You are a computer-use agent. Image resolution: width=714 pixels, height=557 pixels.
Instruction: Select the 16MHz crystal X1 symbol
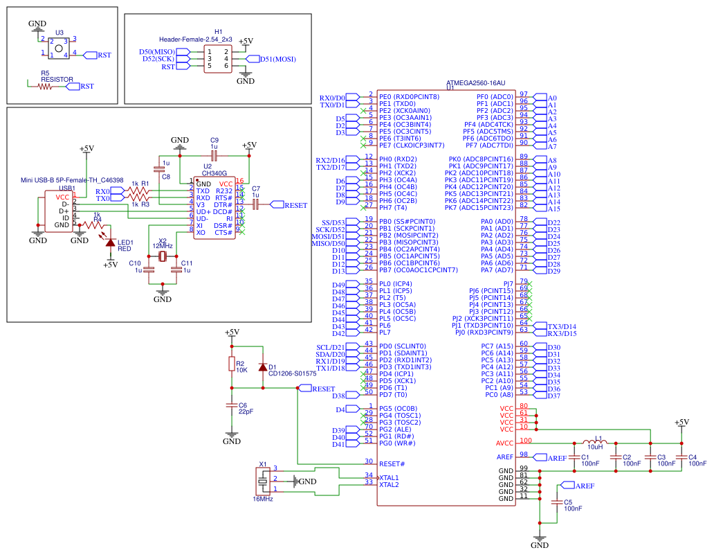(x=263, y=480)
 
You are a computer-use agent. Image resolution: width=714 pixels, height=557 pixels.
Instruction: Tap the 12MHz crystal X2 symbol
(x=163, y=257)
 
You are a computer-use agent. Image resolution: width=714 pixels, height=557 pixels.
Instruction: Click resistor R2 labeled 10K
(x=232, y=366)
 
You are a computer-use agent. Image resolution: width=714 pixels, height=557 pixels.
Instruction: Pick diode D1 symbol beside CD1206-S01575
(x=262, y=366)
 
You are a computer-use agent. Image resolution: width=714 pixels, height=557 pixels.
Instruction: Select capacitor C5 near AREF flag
(x=556, y=502)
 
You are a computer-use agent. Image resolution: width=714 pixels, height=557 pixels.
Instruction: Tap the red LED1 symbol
(x=109, y=242)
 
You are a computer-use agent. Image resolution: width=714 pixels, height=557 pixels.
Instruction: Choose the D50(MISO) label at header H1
(x=157, y=52)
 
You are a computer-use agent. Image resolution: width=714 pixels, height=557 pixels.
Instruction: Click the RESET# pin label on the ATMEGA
(x=392, y=463)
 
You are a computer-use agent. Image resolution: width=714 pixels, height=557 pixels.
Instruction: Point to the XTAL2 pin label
(x=389, y=484)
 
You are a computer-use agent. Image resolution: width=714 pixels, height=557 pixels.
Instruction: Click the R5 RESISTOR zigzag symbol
(x=46, y=87)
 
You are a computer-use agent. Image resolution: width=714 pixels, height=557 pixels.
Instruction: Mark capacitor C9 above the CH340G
(x=214, y=154)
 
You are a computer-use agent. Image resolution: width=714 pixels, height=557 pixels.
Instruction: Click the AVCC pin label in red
(x=505, y=443)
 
